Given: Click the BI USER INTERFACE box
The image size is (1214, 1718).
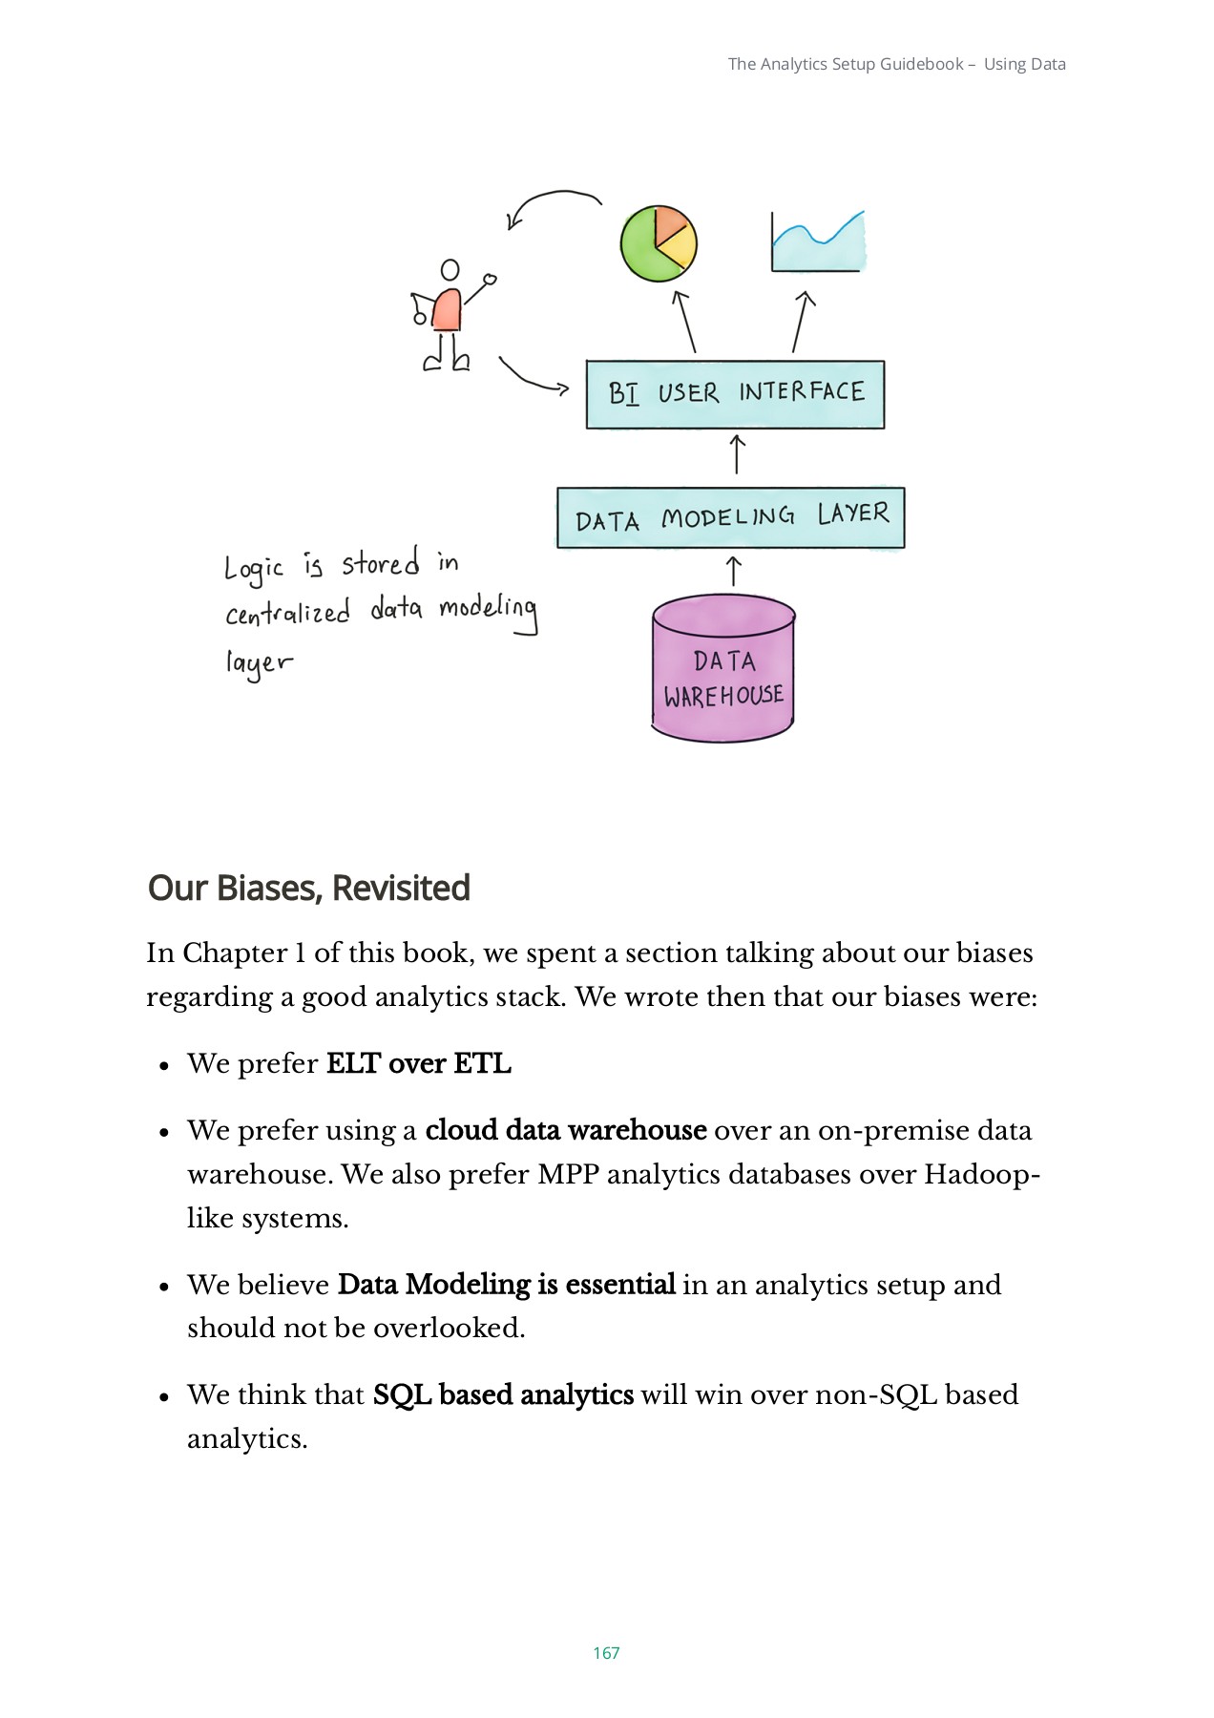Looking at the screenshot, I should coord(735,394).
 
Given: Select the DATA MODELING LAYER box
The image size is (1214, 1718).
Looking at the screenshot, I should coord(730,518).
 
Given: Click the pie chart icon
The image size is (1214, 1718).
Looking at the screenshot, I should coord(659,243).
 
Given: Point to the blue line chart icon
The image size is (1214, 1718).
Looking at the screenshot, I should coord(818,244).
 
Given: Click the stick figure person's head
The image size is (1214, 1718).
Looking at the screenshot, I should coord(450,270).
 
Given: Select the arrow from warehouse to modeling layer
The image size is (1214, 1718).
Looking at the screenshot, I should coord(733,571).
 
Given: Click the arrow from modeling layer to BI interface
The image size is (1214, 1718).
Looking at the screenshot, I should coord(737,454).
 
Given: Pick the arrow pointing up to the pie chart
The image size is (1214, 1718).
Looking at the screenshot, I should coord(684,322).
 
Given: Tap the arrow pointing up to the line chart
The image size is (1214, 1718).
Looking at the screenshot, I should coord(801,322).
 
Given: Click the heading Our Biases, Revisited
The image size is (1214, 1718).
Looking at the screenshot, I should coord(309,889).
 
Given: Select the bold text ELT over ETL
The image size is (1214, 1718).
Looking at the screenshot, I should coord(419,1063).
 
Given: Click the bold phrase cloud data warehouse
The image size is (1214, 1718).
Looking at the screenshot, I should coord(566,1130).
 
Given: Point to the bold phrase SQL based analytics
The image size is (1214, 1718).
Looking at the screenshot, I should coord(503,1394).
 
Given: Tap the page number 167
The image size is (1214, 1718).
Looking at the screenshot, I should coord(606,1653).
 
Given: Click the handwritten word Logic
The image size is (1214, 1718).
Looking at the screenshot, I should coord(254,569).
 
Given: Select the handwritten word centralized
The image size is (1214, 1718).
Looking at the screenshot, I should coord(288,613).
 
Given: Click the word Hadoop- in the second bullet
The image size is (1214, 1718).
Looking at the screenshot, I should coord(982,1174).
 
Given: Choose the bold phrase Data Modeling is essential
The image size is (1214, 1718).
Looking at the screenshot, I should coord(507,1285).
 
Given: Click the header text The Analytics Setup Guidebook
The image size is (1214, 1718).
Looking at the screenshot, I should coord(846,64).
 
